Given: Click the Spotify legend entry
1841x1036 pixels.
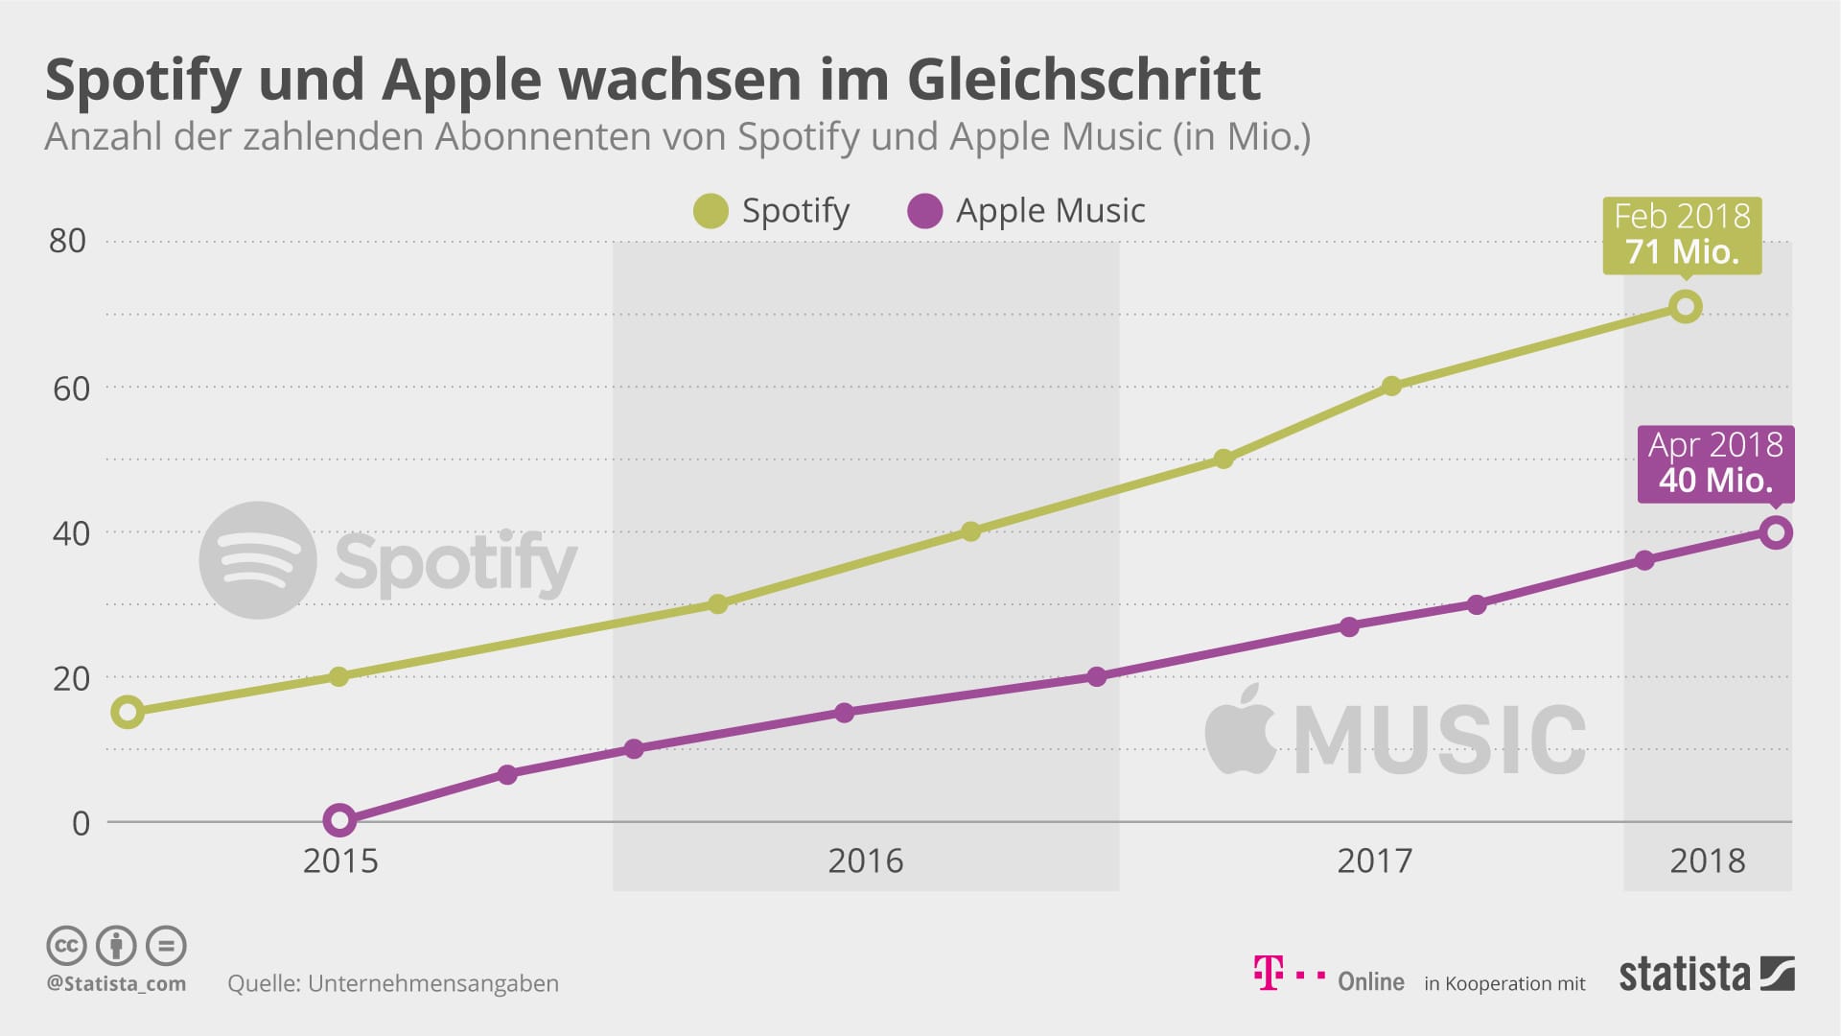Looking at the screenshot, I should click(773, 211).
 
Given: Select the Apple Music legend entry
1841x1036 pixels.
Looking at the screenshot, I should click(1027, 211).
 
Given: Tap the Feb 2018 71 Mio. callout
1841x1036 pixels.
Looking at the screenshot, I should click(1682, 234).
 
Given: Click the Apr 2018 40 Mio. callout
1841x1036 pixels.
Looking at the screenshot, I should click(1715, 462).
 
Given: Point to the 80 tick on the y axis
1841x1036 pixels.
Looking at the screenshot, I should click(68, 241).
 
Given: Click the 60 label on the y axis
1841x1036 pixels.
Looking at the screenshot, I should click(71, 388).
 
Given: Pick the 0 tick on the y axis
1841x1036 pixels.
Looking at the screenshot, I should click(82, 823).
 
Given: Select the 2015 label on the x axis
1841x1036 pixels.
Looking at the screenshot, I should click(340, 860).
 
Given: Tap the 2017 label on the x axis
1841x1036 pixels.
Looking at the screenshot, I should click(1374, 860).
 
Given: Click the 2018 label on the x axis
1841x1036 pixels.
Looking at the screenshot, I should click(1707, 860).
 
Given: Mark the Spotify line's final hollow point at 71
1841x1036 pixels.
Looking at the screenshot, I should click(1685, 307).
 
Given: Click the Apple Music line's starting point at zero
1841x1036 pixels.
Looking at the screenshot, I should click(338, 820).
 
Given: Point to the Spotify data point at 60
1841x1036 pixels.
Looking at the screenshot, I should click(1391, 387).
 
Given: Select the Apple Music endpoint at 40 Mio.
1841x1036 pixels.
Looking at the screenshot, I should click(1775, 532).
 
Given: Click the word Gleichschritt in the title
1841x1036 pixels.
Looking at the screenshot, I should click(1084, 80).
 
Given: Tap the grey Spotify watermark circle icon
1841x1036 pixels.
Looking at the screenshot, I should click(258, 559).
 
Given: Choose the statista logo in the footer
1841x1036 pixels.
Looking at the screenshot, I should click(1706, 975).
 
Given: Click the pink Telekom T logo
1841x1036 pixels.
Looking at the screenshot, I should click(1268, 973).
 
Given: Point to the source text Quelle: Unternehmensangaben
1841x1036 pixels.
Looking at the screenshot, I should click(393, 983).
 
